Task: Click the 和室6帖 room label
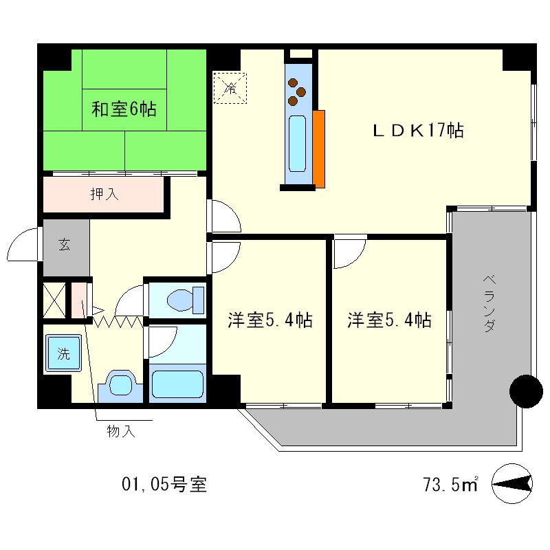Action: (124, 109)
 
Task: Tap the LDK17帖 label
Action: (417, 130)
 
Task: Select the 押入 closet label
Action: (105, 195)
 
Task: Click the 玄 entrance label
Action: (64, 244)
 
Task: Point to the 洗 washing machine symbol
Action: (63, 355)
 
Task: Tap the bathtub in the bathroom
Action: (177, 384)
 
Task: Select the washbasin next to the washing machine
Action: (121, 385)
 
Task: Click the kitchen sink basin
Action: (297, 143)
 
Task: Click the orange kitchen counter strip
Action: (318, 148)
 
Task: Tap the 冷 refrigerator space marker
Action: (230, 87)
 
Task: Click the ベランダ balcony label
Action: (488, 303)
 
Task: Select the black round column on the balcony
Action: (526, 391)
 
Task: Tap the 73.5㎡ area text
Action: (450, 484)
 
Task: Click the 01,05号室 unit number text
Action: (164, 484)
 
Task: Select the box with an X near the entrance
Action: (54, 300)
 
